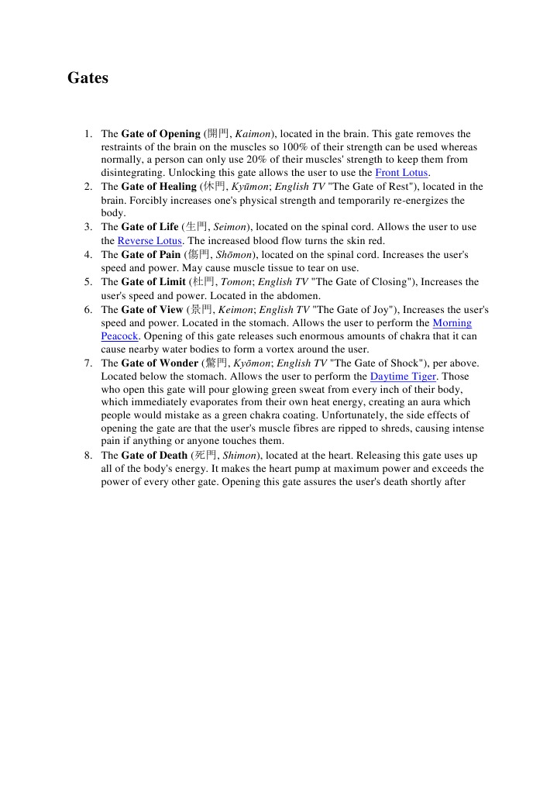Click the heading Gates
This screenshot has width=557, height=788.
tap(88, 78)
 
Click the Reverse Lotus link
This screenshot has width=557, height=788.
tap(150, 240)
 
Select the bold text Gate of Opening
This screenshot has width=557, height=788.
tap(160, 133)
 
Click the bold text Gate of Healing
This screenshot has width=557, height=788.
tap(159, 187)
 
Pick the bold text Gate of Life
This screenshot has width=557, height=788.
tap(150, 227)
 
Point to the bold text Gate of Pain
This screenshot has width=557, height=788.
tap(151, 254)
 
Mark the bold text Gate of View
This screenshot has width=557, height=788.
tap(152, 309)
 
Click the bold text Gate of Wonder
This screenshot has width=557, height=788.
tap(160, 363)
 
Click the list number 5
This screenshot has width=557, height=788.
tap(89, 281)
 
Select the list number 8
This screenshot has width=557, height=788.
tap(89, 456)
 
